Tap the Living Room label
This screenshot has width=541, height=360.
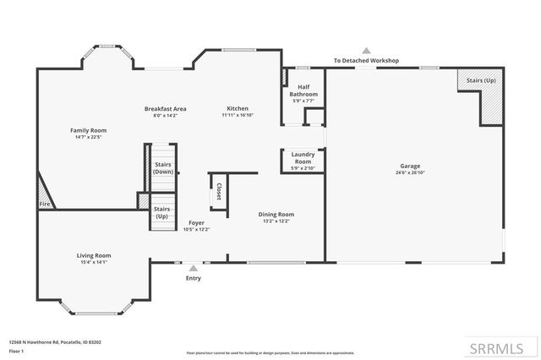click(x=95, y=255)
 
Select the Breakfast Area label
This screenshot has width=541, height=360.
click(x=165, y=108)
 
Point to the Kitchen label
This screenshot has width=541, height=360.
click(x=237, y=108)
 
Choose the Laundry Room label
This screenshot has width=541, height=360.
click(x=303, y=158)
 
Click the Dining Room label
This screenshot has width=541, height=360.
click(x=276, y=215)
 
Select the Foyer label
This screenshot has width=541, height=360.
click(x=196, y=223)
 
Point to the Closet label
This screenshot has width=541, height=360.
click(x=219, y=191)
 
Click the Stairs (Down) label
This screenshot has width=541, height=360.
click(x=163, y=167)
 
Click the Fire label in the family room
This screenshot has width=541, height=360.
click(x=44, y=204)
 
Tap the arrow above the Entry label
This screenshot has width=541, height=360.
click(x=194, y=267)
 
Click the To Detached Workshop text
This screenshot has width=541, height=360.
click(x=366, y=61)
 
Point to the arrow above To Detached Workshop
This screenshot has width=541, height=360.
click(x=366, y=51)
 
